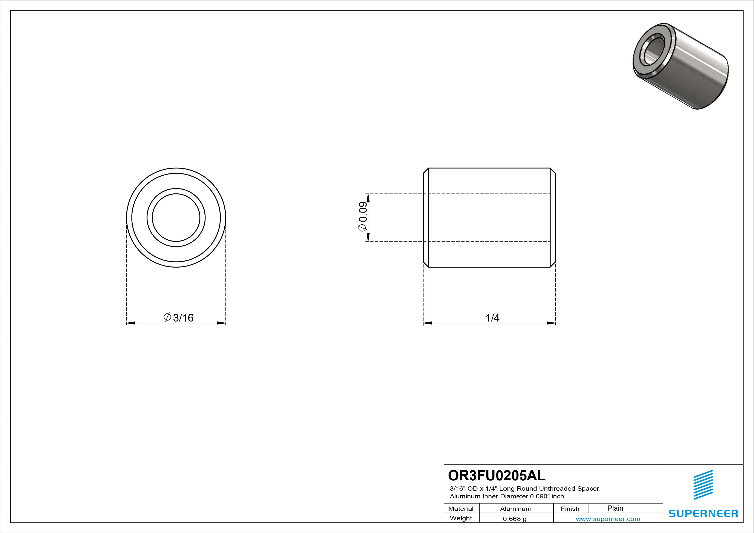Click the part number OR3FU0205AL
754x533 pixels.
[497, 475]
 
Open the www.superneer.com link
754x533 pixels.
[608, 519]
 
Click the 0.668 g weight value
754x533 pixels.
[515, 519]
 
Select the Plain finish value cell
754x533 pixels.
[615, 508]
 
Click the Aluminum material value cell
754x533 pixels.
[516, 509]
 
